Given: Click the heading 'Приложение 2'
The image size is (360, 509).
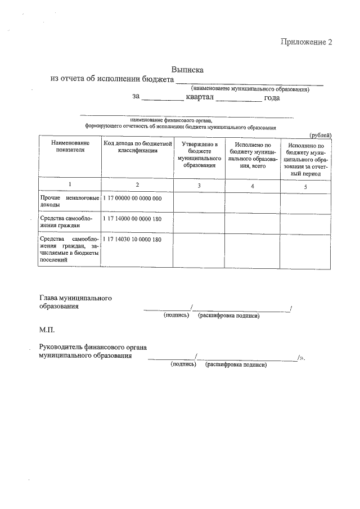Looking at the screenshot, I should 307,42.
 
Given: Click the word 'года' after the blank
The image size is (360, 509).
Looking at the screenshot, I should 272,97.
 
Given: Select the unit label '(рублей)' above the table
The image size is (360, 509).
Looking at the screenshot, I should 321,135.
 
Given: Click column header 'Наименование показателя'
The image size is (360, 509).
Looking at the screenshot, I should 70,148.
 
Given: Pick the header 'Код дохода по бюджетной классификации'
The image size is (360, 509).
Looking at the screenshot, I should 137,148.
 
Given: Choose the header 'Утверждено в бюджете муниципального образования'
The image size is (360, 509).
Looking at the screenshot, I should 199,155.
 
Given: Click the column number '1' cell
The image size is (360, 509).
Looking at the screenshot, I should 70,185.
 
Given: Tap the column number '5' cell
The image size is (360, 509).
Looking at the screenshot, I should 305,186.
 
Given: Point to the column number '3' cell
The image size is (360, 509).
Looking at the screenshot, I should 199,186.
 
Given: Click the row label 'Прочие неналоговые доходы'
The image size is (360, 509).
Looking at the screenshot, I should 70,202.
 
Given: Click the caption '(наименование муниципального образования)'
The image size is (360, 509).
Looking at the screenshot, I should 250,89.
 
